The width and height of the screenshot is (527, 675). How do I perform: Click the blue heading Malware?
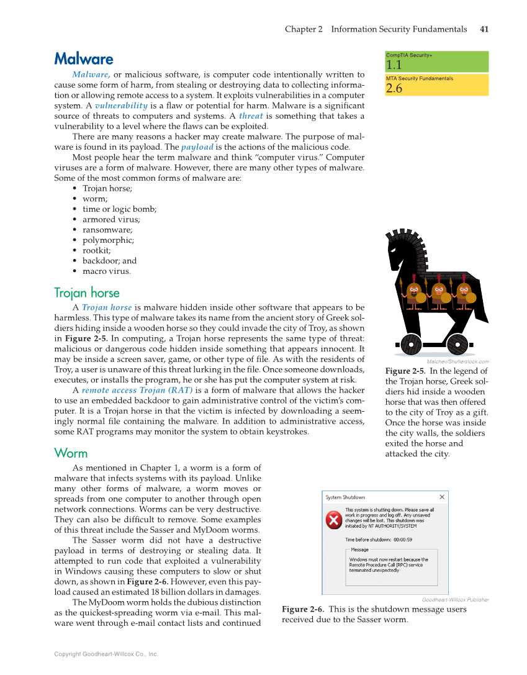[84, 59]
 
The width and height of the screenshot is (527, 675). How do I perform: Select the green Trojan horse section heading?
[87, 292]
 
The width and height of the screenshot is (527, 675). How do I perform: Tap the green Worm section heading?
[71, 453]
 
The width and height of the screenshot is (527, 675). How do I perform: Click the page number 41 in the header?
[484, 29]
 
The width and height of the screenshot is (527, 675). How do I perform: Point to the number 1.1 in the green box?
[394, 65]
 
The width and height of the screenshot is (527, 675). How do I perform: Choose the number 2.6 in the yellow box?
[394, 88]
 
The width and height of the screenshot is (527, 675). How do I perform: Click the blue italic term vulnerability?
[121, 106]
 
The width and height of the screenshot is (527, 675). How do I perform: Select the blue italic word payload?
[197, 147]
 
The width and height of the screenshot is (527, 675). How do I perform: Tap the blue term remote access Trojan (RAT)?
[137, 390]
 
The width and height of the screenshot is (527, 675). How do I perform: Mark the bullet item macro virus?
[107, 271]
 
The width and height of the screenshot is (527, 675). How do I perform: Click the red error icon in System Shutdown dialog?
[334, 519]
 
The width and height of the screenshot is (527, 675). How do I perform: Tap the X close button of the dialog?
[442, 497]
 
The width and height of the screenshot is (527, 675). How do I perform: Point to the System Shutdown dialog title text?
[345, 497]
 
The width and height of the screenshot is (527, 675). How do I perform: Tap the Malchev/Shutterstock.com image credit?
[457, 361]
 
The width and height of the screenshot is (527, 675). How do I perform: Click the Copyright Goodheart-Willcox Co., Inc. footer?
[106, 654]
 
